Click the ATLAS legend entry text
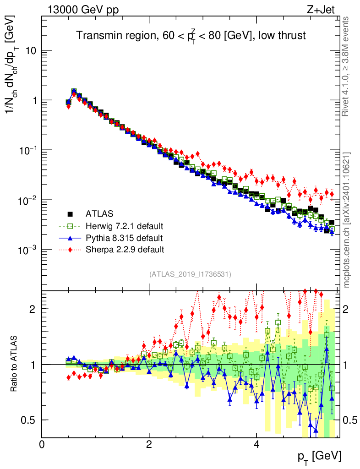99,213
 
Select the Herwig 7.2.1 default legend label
125,226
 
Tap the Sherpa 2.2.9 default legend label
125,250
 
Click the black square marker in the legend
71,213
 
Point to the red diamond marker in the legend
71,250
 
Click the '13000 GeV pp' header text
82,10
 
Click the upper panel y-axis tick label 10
30,51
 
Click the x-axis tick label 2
149,444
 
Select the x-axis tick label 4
256,444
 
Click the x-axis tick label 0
42,444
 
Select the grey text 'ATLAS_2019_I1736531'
190,274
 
